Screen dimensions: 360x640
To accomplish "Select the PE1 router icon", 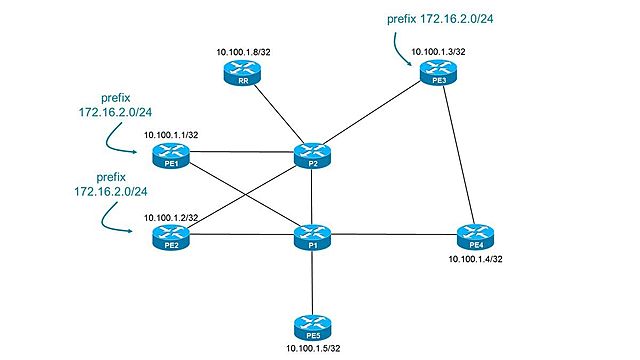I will click(x=168, y=154).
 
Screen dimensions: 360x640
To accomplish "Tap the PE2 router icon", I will click(x=168, y=237).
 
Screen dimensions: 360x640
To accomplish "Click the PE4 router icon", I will click(x=471, y=236).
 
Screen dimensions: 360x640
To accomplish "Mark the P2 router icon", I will click(x=312, y=154).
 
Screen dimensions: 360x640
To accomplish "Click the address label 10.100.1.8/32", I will click(x=242, y=50).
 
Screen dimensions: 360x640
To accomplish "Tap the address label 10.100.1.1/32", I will click(x=169, y=133).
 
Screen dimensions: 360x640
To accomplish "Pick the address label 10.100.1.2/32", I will click(x=169, y=216).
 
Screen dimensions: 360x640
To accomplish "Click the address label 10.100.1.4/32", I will click(x=473, y=259).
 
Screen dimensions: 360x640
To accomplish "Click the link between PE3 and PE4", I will click(x=455, y=155).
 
